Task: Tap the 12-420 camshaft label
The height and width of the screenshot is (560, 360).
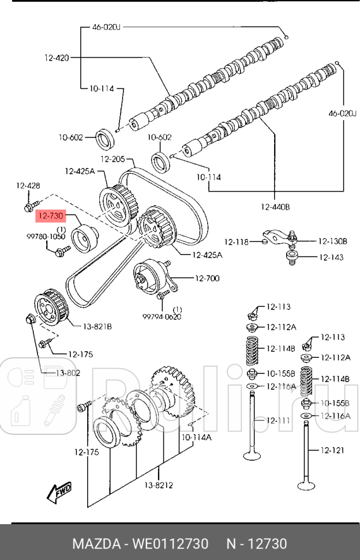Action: (x=57, y=57)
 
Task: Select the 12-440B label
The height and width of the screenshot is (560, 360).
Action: (x=275, y=206)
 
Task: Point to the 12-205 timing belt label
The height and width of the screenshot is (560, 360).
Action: (x=113, y=159)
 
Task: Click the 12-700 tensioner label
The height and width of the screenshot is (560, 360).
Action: (x=207, y=279)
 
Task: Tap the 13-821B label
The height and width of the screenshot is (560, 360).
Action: (x=97, y=327)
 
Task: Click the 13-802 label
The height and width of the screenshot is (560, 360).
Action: (x=67, y=373)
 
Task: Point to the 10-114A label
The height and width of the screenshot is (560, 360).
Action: (x=196, y=438)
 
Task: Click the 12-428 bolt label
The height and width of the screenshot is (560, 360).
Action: (x=28, y=185)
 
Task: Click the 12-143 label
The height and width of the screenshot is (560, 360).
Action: (x=331, y=257)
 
